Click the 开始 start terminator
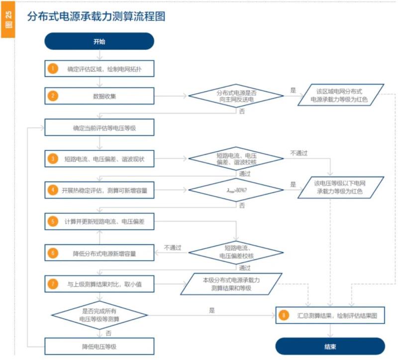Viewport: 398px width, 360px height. (99, 41)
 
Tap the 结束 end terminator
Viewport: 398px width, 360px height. (330, 346)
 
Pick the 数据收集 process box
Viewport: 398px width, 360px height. (99, 96)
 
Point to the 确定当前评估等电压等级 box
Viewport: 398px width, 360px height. (99, 128)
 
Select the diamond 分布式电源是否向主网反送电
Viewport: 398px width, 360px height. (236, 96)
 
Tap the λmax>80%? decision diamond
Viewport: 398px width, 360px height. (236, 190)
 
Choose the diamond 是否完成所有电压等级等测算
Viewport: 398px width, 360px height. (99, 315)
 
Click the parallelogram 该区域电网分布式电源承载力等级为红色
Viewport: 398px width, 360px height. (341, 96)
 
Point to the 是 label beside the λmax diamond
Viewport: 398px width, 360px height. (293, 184)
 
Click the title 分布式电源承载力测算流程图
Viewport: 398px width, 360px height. (96, 17)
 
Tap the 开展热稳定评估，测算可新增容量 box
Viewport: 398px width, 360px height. (99, 190)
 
